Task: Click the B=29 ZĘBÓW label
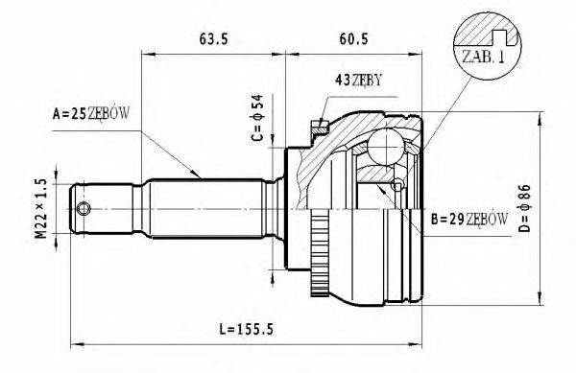tap(469, 220)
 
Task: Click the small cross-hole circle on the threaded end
tap(84, 209)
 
